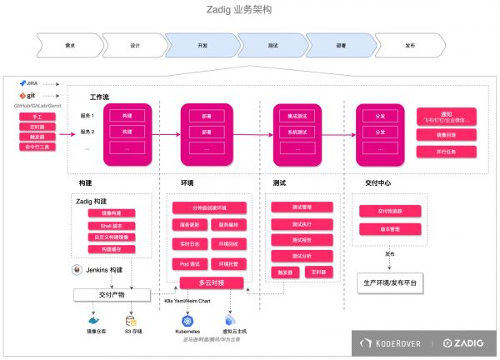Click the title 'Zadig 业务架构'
(249, 11)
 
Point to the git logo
(26, 97)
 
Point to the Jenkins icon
(77, 271)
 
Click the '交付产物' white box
(112, 294)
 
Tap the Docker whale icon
(92, 318)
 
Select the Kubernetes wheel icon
(187, 318)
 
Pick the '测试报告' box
(302, 239)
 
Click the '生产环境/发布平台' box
(391, 282)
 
